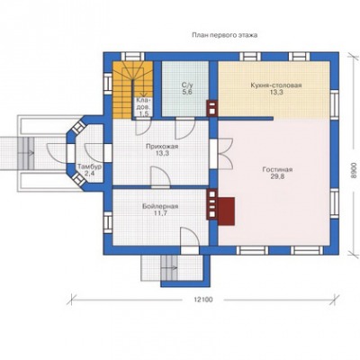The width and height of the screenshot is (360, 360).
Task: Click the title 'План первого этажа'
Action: (225, 35)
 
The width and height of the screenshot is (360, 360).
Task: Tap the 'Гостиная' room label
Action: (277, 170)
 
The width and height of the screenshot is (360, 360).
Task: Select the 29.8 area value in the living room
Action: (277, 176)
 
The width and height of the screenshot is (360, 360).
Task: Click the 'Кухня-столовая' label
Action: (276, 85)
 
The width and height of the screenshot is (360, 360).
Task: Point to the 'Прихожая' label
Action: (162, 147)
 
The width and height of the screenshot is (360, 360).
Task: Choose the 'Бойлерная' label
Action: (160, 206)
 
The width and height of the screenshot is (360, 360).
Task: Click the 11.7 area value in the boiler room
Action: (160, 213)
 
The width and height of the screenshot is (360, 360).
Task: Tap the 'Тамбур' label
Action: (90, 166)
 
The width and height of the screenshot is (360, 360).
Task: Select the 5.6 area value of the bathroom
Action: (186, 93)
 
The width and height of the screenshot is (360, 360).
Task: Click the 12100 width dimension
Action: (203, 300)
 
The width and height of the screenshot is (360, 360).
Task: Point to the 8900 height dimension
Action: (354, 171)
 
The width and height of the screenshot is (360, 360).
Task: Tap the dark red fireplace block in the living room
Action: (226, 211)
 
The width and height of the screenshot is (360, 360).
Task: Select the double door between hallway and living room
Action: (223, 154)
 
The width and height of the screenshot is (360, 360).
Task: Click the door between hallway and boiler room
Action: (160, 177)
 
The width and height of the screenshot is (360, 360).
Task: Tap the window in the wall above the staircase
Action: (132, 57)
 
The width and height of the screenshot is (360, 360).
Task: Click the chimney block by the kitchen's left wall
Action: (212, 107)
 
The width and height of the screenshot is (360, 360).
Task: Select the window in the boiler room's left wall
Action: (108, 222)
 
